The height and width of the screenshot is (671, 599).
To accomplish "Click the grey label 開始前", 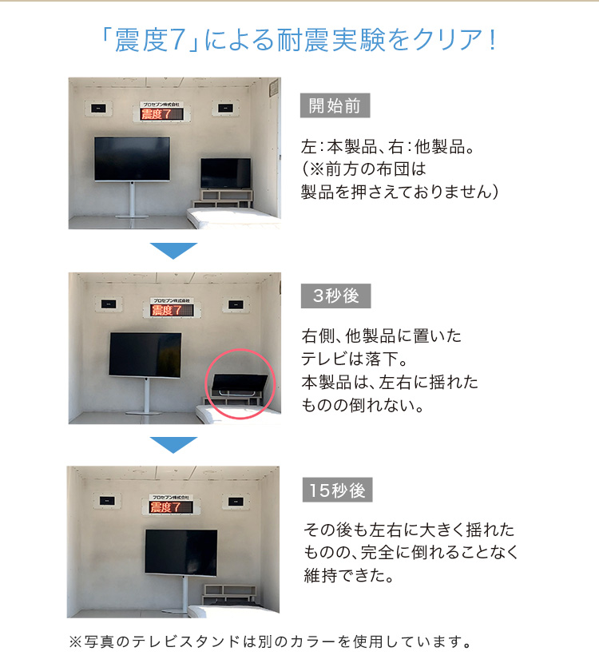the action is coord(335,105).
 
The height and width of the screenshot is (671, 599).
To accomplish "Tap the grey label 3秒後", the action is coord(336,296).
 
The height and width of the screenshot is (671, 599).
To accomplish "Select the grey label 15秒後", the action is coord(338,490).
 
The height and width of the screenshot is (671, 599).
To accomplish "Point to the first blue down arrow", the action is coord(173,250).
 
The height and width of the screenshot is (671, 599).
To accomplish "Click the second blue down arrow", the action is coord(173,445).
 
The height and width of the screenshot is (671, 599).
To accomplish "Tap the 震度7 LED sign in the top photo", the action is coord(161,113).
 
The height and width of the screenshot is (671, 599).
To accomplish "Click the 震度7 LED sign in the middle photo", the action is coord(172,310).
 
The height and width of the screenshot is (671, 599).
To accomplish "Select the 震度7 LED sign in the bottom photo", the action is coord(171,506).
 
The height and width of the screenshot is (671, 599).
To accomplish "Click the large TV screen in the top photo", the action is coord(133,159).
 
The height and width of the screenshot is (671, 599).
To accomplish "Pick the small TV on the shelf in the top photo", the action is coord(226,173).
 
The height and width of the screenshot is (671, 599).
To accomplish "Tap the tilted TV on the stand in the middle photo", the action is coord(145,355).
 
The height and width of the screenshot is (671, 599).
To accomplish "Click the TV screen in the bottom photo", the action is coord(181,553).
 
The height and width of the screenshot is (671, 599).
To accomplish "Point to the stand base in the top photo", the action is coord(133,216).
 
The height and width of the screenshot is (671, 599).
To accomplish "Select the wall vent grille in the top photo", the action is coord(273,89).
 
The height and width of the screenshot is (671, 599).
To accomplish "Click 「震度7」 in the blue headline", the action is coord(150,40).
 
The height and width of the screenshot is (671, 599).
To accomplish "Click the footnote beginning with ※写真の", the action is coord(271,641).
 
